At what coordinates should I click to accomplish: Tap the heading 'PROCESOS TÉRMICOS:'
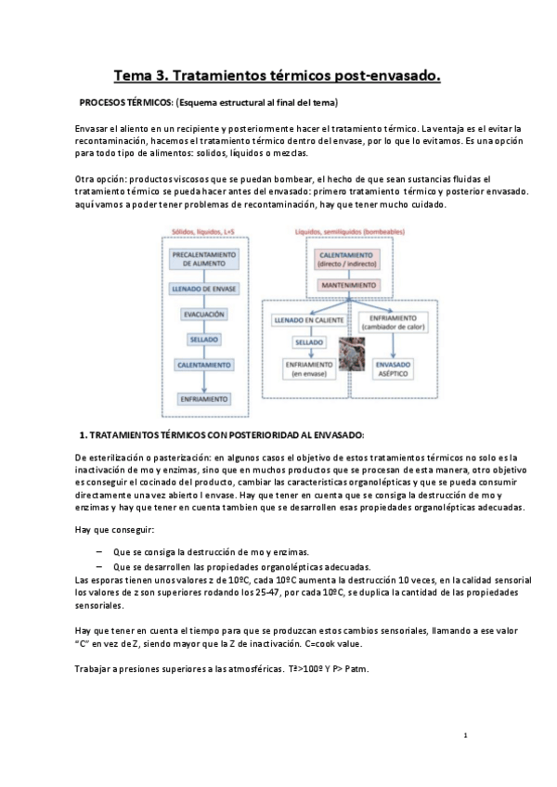pos(125,102)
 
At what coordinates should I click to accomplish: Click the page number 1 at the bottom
pos(464,735)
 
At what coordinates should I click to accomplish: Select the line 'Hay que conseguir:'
pos(114,529)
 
